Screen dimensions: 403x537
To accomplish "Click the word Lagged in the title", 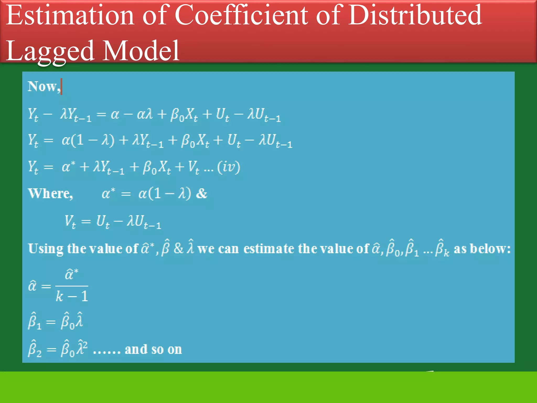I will pyautogui.click(x=50, y=51).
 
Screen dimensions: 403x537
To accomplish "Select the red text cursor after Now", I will pyautogui.click(x=61, y=86).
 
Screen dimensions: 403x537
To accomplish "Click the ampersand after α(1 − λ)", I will pyautogui.click(x=201, y=194).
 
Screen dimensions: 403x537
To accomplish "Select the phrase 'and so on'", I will pyautogui.click(x=153, y=349).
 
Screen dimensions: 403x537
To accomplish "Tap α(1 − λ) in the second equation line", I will pyautogui.click(x=88, y=140).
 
